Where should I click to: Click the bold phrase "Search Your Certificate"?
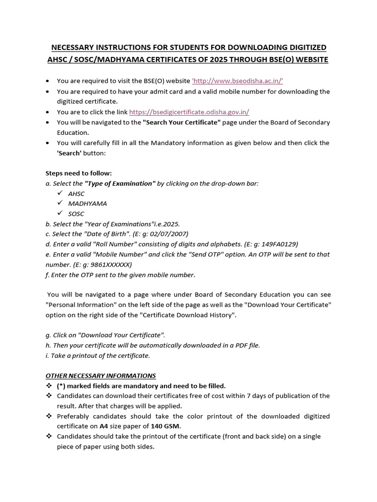coord(182,122)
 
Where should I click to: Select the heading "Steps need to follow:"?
coord(79,173)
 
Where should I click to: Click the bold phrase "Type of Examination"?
coord(120,183)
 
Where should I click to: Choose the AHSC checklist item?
coord(76,194)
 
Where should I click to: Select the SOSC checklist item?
coord(76,214)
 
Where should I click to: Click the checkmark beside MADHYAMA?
coord(60,203)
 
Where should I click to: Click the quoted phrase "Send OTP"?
coord(207,254)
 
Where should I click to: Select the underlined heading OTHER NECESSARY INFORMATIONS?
coord(101,376)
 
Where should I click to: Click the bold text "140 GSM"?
coord(166,426)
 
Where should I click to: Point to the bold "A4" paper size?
coord(104,426)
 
